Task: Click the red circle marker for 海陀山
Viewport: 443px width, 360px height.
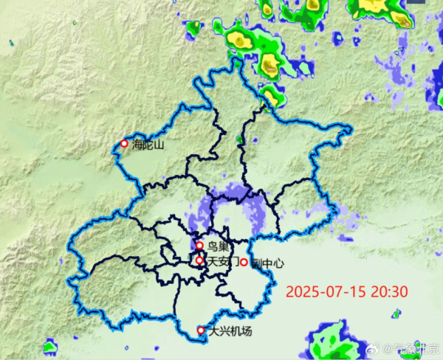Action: click(124, 144)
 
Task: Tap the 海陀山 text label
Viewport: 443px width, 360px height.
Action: click(148, 145)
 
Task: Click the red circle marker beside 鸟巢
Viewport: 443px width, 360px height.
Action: click(199, 246)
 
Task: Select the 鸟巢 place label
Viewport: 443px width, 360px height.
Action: click(217, 246)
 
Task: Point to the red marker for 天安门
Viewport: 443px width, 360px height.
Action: click(199, 260)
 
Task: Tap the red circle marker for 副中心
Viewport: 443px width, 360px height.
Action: click(244, 262)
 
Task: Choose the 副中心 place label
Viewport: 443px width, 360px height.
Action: click(267, 263)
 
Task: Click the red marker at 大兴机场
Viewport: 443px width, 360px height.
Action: click(201, 330)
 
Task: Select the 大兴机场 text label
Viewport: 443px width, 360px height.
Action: click(230, 331)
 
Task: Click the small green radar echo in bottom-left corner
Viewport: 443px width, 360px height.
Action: click(50, 346)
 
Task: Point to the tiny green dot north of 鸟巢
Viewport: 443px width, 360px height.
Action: click(238, 138)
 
